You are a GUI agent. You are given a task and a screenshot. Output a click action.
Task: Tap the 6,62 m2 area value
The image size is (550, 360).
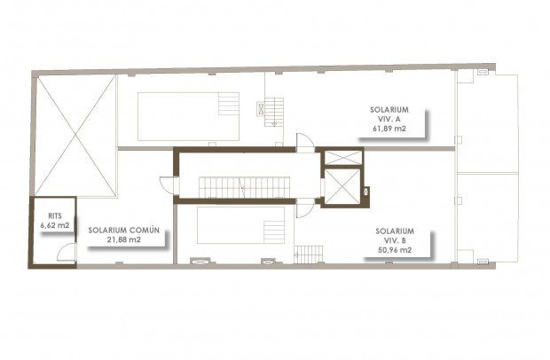pyautogui.click(x=55, y=227)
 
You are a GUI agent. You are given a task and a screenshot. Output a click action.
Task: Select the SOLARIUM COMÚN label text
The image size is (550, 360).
pyautogui.click(x=123, y=230)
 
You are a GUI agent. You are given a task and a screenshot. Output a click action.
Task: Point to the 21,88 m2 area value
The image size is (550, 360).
pyautogui.click(x=124, y=239)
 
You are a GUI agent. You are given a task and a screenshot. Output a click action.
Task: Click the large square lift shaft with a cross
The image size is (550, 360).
pyautogui.click(x=342, y=186)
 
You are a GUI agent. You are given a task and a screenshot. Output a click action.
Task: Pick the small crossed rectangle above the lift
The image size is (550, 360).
pyautogui.click(x=342, y=158)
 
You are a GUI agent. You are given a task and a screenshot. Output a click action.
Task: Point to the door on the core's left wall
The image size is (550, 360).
pyautogui.click(x=168, y=184)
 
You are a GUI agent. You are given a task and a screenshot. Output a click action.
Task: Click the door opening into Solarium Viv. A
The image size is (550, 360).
pyautogui.click(x=304, y=139)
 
